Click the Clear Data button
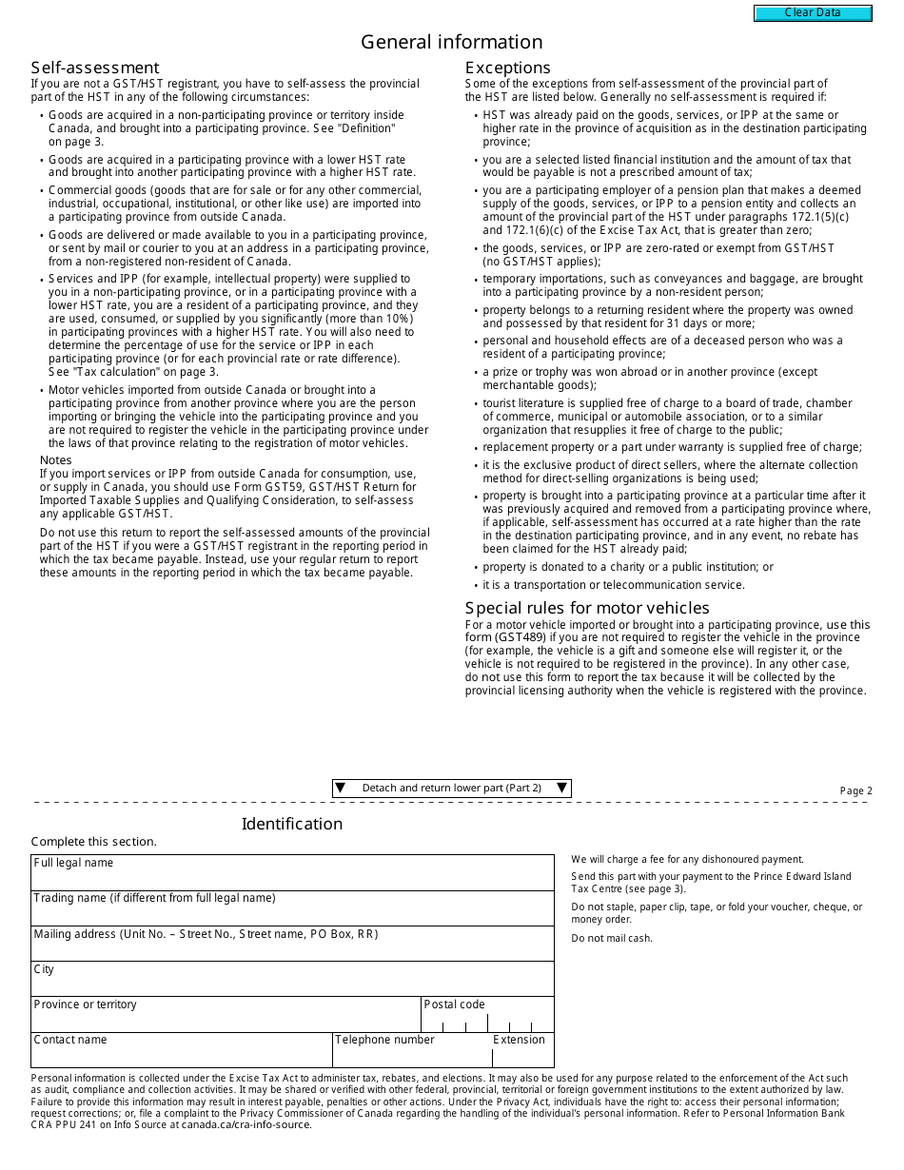[x=813, y=13]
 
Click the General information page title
[x=451, y=42]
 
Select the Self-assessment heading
[x=95, y=68]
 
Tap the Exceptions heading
[x=507, y=68]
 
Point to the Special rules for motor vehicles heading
[x=587, y=608]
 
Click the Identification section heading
[x=291, y=824]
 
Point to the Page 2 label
[x=855, y=791]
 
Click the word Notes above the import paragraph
[x=56, y=460]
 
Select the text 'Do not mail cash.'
[x=612, y=939]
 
